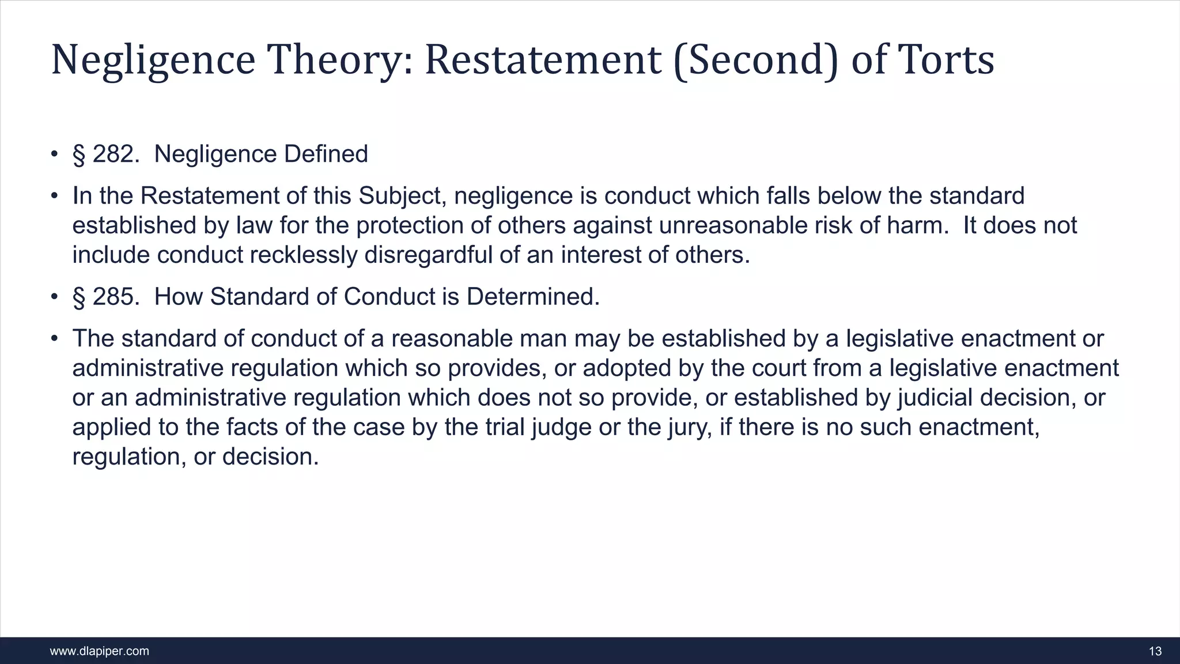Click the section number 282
coord(116,154)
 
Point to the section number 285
coord(116,297)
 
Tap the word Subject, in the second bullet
coord(403,197)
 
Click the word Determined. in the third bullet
coord(533,297)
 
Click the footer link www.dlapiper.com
coord(100,651)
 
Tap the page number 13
coord(1155,651)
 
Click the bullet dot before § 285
coord(54,297)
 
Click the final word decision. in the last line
coord(270,457)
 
